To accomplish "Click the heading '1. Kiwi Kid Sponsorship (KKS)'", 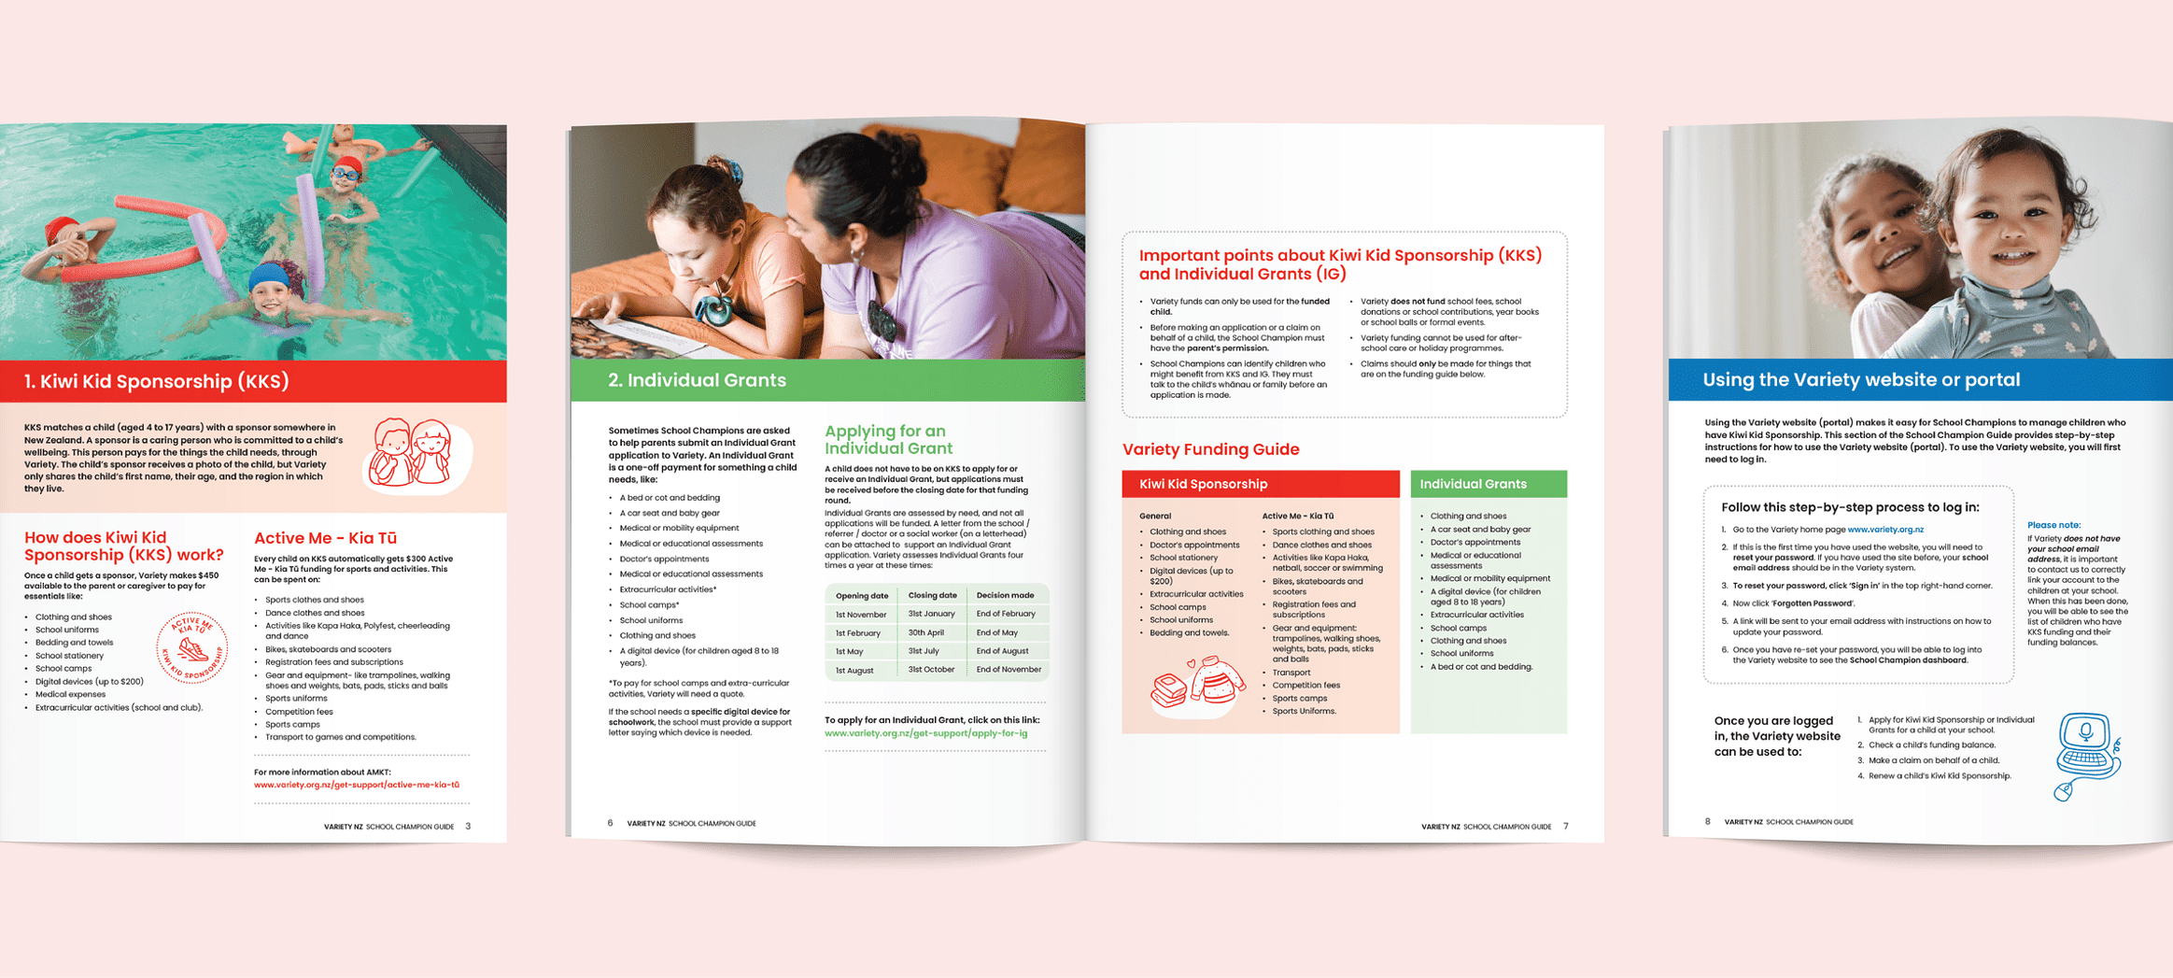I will (156, 381).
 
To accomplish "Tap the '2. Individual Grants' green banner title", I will (697, 380).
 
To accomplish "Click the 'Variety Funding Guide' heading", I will (1210, 449).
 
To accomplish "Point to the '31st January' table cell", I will (931, 614).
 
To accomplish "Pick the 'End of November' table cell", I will (1008, 670).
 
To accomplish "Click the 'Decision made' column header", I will (1005, 595).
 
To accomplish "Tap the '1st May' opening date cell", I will (849, 651).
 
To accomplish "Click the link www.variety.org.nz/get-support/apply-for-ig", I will (925, 733).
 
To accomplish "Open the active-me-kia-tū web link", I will (356, 785).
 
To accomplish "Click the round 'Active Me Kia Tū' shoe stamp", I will (191, 647).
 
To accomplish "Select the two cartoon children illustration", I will (412, 453).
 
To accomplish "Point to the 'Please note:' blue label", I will (2053, 525).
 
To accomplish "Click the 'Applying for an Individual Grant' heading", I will (887, 439).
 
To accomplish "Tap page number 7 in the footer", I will (1566, 826).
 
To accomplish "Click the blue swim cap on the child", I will (268, 276).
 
